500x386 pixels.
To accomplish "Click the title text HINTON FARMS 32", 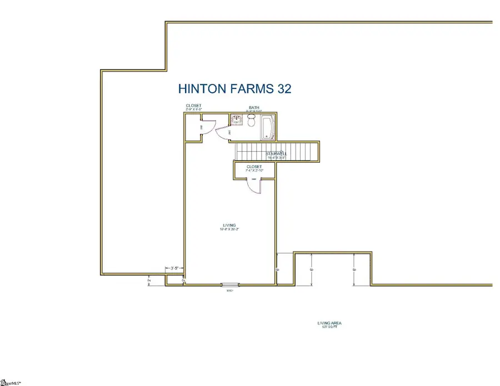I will click(234, 89).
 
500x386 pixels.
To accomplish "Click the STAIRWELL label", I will click(277, 154).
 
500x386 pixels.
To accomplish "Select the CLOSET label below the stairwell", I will click(254, 166).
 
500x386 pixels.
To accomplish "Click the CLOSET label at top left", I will click(194, 106).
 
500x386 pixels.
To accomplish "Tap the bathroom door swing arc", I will click(223, 131).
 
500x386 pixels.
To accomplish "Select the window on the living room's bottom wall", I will click(229, 285).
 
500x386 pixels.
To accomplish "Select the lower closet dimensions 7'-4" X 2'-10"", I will click(254, 171).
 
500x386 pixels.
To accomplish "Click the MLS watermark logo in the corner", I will click(10, 382).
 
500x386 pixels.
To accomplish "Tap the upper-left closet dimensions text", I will click(194, 110).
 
